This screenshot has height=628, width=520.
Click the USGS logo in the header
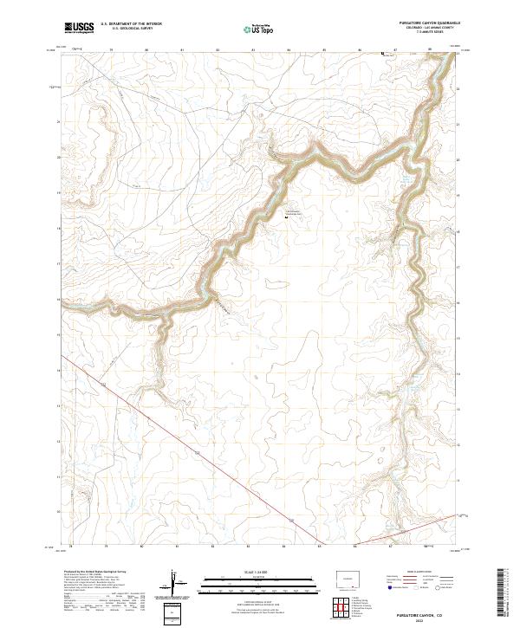(79, 28)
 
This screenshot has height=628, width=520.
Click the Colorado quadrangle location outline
(349, 578)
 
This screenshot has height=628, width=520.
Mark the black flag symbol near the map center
(287, 217)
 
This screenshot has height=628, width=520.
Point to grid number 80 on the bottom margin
(141, 547)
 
